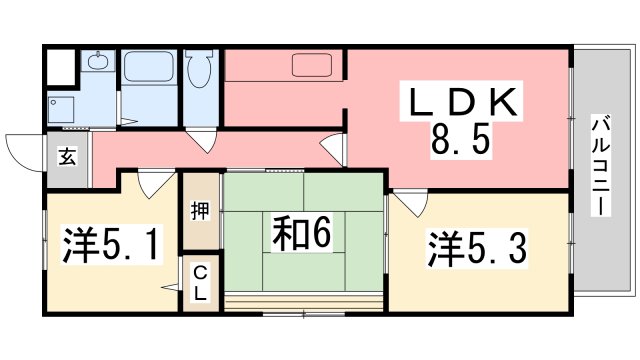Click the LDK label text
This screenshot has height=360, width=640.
click(x=461, y=103)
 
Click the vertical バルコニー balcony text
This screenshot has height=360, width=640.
click(x=600, y=165)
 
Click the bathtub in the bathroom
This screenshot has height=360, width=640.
click(x=150, y=72)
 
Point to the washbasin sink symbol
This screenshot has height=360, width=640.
click(x=98, y=64)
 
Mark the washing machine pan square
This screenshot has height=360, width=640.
click(x=66, y=111)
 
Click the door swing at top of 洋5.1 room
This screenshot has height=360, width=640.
click(x=153, y=183)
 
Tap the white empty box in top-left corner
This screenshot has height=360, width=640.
click(x=61, y=66)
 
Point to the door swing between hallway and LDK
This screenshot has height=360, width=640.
click(x=333, y=152)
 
